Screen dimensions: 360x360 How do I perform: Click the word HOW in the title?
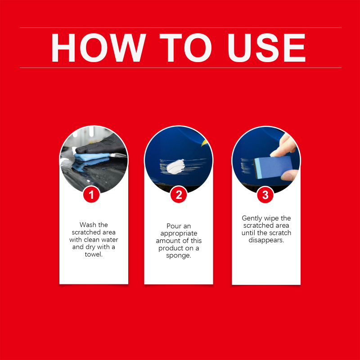pyautogui.click(x=99, y=48)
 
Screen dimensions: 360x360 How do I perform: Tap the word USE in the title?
pyautogui.click(x=266, y=48)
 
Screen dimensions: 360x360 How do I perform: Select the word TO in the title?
pyautogui.click(x=185, y=48)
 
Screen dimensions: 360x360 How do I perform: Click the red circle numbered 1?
pyautogui.click(x=91, y=195)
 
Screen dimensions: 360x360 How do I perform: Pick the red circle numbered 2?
pyautogui.click(x=179, y=195)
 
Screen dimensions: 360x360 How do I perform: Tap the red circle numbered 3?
pyautogui.click(x=265, y=195)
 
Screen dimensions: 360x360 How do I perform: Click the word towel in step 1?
pyautogui.click(x=94, y=254)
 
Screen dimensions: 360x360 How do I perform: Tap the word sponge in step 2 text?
pyautogui.click(x=179, y=256)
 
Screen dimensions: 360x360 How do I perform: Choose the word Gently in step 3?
pyautogui.click(x=252, y=218)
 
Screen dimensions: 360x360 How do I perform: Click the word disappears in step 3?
pyautogui.click(x=266, y=240)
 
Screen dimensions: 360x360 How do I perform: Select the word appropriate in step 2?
pyautogui.click(x=179, y=234)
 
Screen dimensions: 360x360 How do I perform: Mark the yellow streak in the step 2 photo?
pyautogui.click(x=204, y=143)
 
